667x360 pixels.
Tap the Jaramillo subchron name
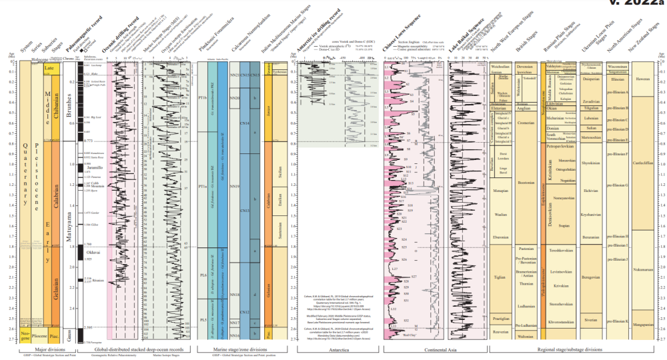coord(93,167)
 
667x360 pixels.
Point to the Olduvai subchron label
coord(93,252)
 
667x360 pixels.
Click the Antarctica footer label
coord(338,349)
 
